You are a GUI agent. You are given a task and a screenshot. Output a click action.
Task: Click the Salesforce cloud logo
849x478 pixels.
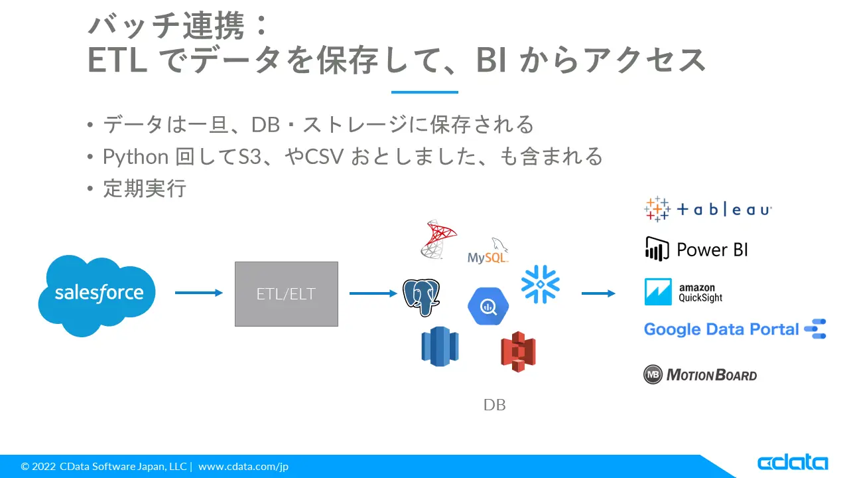[97, 295]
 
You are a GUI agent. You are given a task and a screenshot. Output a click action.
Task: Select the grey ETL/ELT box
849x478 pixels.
[286, 293]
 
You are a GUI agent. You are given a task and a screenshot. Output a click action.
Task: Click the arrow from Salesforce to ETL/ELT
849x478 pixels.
[198, 293]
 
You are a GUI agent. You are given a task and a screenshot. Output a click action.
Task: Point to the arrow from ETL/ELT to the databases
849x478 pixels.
[373, 293]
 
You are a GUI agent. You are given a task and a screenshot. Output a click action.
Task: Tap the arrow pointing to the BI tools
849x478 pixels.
[598, 293]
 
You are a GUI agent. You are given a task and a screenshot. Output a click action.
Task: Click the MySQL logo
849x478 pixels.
[488, 251]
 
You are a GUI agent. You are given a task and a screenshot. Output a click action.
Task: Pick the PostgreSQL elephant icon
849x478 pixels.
[421, 297]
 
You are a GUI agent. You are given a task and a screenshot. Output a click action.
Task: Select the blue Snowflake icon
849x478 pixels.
[541, 284]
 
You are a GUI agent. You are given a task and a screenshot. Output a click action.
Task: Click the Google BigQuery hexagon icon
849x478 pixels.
[488, 306]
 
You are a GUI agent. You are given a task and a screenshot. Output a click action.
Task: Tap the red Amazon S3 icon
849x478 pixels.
[518, 352]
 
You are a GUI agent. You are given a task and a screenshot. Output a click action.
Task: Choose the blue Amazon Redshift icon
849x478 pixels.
[440, 347]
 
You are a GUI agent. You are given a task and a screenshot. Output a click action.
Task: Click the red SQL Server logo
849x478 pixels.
[438, 240]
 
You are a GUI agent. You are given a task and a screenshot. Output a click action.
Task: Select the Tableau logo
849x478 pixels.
[708, 209]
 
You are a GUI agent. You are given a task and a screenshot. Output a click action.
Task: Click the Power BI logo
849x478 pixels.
[696, 249]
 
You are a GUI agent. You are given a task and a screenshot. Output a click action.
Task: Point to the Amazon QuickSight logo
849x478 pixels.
[683, 291]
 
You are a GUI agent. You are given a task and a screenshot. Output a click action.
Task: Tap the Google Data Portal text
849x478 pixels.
[721, 329]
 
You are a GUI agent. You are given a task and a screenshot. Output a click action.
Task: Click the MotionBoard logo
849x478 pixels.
[700, 375]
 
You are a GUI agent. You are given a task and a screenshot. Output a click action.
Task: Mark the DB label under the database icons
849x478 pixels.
[495, 405]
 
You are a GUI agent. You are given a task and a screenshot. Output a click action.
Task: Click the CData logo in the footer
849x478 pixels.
[793, 463]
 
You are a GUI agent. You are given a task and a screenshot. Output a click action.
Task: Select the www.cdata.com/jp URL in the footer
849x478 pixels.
[243, 466]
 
